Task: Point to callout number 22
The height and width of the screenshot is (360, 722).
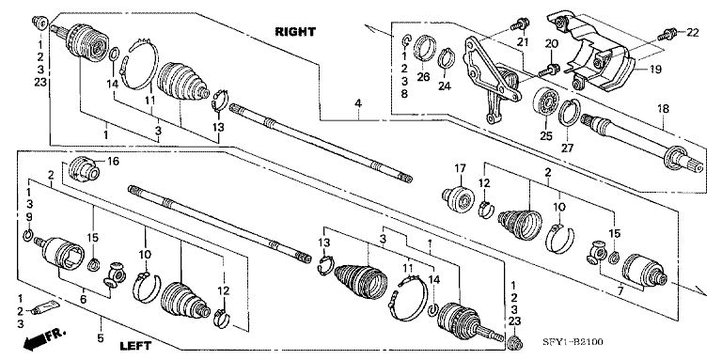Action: [x=693, y=32]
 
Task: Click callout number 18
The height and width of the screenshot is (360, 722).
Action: [x=664, y=110]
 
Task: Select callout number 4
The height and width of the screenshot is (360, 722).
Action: [x=357, y=102]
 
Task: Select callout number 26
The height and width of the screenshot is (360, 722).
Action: [x=422, y=76]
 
